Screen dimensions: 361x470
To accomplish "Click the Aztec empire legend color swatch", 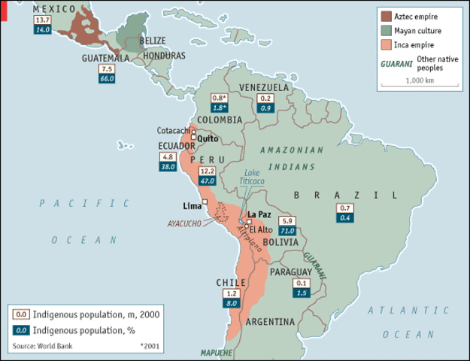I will pos(387,16).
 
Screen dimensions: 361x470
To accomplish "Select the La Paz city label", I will pos(259,214).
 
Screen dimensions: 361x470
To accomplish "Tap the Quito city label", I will pos(208,138).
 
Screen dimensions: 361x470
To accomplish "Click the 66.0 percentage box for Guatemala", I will pos(107,77).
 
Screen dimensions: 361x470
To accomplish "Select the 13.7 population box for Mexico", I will pos(43,19).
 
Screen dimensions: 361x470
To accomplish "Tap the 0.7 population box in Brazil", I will pos(345,208).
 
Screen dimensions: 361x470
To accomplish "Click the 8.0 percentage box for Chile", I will pos(232,302).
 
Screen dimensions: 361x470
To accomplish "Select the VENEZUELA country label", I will pos(263,88).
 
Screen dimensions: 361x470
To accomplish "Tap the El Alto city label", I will pos(259,229).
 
